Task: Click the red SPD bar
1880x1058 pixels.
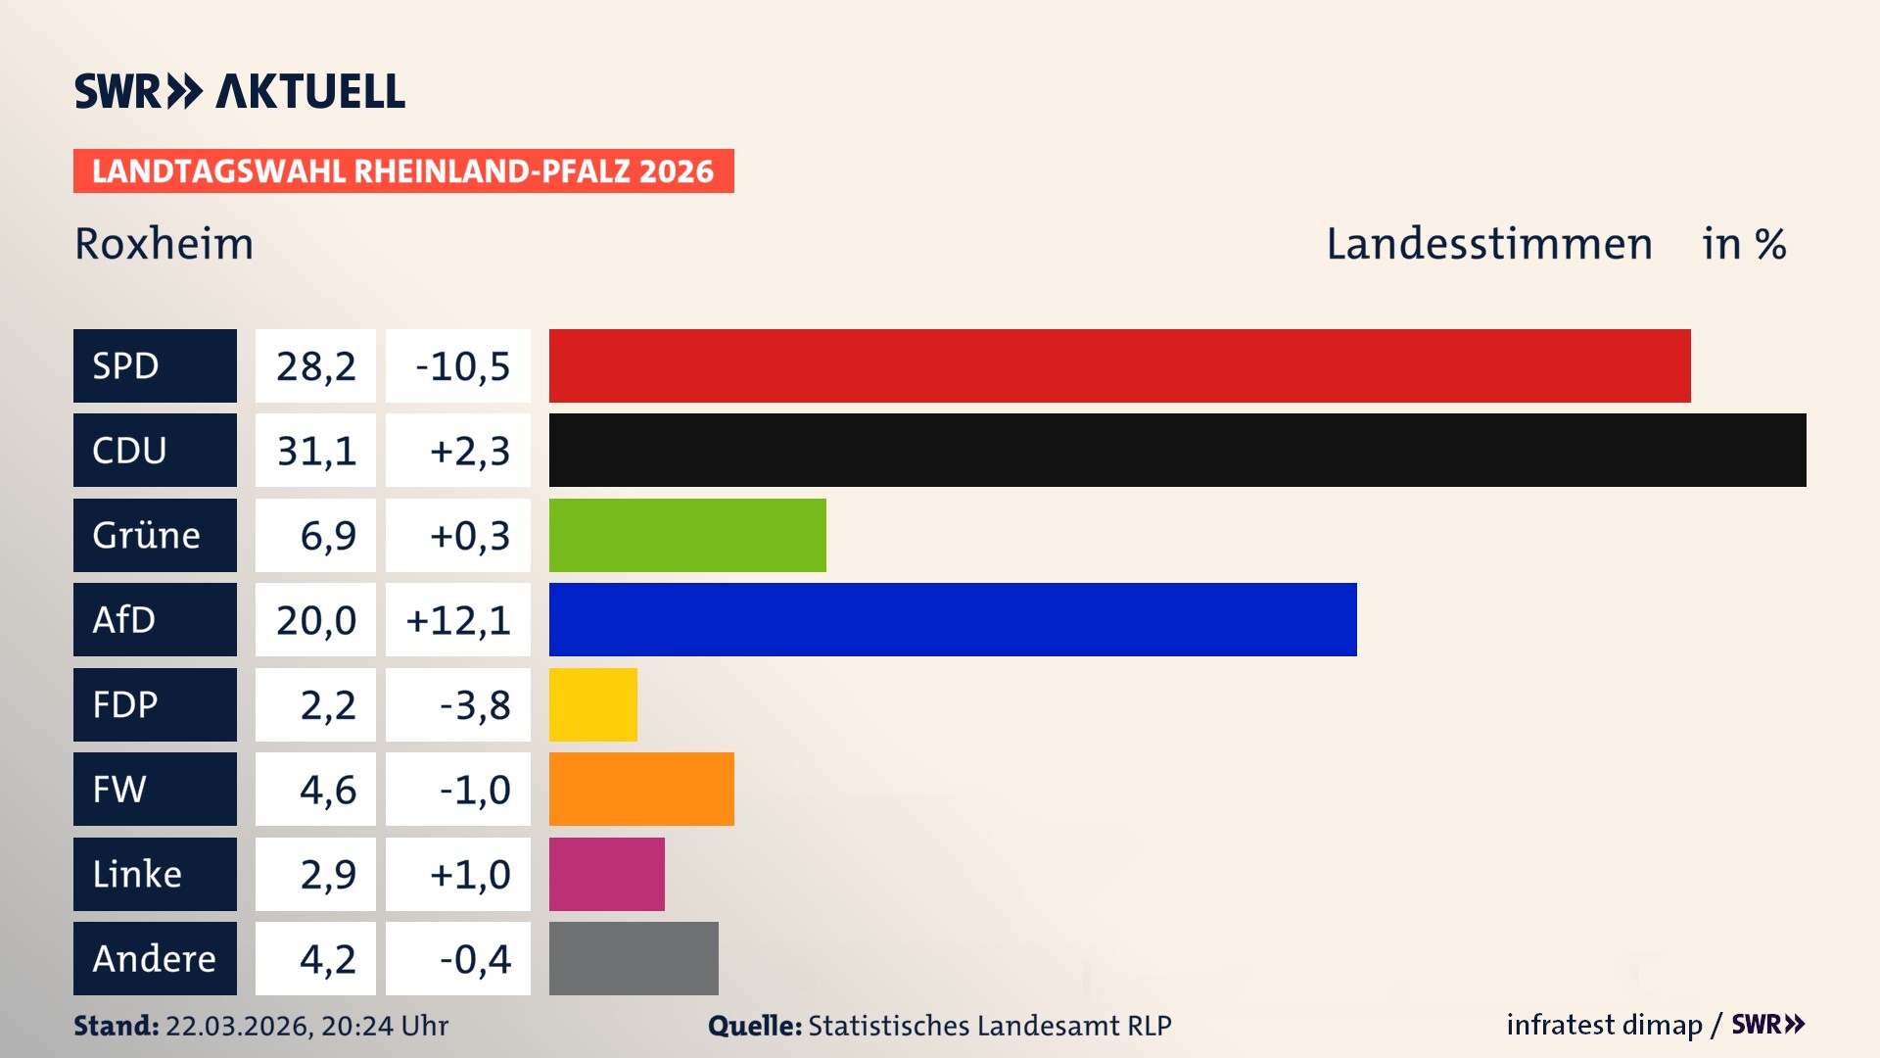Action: click(x=1119, y=365)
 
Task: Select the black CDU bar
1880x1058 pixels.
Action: click(x=1177, y=451)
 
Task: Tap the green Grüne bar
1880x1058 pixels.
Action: click(x=687, y=535)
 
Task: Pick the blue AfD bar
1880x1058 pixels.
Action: click(x=953, y=620)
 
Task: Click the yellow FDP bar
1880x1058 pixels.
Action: click(x=592, y=704)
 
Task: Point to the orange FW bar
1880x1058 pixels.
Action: click(x=641, y=790)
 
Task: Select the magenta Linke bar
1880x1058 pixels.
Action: click(x=606, y=874)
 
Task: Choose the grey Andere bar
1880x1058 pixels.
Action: click(x=634, y=958)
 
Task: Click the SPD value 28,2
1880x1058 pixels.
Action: click(x=315, y=366)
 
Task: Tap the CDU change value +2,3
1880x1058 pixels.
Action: click(x=469, y=451)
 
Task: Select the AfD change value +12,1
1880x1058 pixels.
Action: click(x=458, y=620)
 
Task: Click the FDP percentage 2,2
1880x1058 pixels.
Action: click(x=327, y=705)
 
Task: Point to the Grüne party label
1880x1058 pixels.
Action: click(x=147, y=535)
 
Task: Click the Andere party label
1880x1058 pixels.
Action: click(x=154, y=958)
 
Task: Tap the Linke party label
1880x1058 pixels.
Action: click(x=137, y=874)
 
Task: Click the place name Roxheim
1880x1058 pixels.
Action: click(x=164, y=244)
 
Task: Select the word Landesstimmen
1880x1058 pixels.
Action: click(x=1488, y=244)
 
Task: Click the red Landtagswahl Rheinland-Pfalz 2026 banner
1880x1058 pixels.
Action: click(x=403, y=171)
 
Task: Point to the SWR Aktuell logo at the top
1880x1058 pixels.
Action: click(x=240, y=91)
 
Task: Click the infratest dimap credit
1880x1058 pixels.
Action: click(x=1604, y=1025)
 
